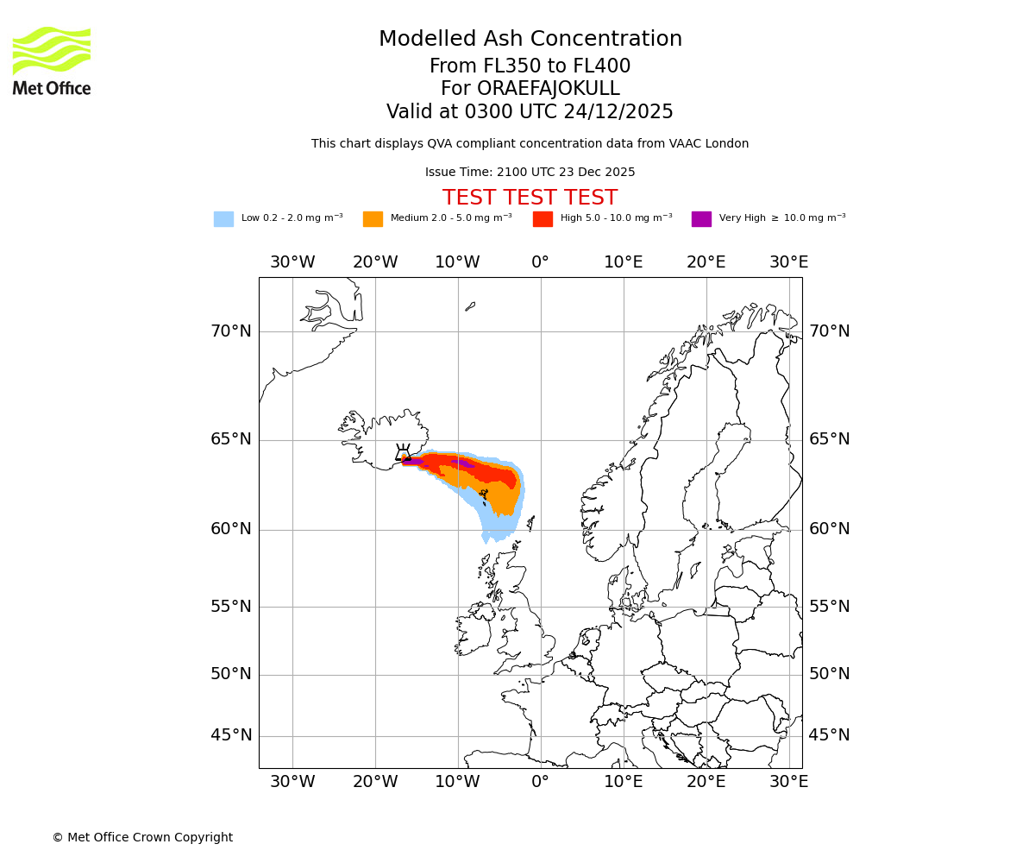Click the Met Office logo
click(52, 60)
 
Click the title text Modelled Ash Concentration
click(530, 40)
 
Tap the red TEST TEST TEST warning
click(530, 198)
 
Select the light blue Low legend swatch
click(223, 219)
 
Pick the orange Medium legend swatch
click(373, 219)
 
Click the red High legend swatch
click(543, 219)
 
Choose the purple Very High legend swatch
click(701, 219)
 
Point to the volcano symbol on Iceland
click(403, 452)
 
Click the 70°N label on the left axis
click(231, 331)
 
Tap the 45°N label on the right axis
click(829, 735)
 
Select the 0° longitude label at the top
click(540, 262)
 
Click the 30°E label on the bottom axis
click(788, 782)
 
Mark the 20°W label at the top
click(375, 262)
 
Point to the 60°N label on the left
click(231, 529)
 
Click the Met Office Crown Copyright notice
click(142, 837)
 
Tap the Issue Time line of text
click(530, 173)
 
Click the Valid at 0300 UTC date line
click(530, 112)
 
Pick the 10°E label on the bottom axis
click(623, 782)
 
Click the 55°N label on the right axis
click(829, 607)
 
